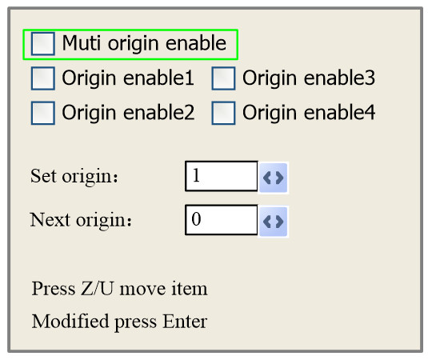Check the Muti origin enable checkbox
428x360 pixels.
[43, 44]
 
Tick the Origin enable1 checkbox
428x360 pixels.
[43, 78]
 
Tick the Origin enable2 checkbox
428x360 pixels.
[43, 113]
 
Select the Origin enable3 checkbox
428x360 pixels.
[223, 78]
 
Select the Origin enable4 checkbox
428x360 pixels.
[223, 113]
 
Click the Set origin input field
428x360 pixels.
[221, 176]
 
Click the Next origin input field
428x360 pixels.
[221, 220]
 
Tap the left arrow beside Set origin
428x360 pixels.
[267, 178]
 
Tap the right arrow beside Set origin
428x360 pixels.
[279, 178]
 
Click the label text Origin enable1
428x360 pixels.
[128, 78]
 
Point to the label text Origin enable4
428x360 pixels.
[309, 113]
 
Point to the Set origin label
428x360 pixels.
[74, 176]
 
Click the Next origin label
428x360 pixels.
[81, 220]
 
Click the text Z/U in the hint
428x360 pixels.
[97, 289]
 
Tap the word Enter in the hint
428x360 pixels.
[185, 322]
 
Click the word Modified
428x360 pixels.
[70, 322]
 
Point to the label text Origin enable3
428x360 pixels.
[309, 78]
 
